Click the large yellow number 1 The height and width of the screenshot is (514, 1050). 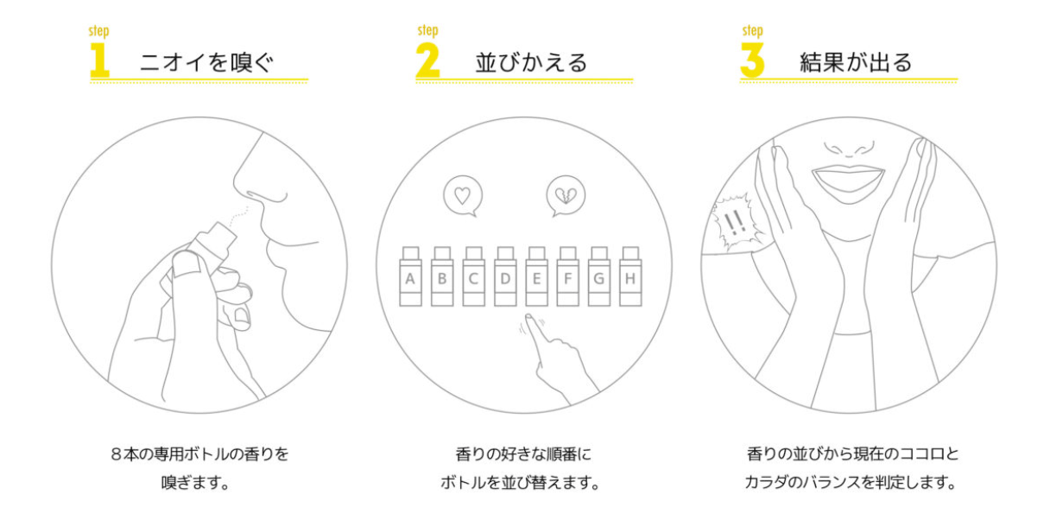99,60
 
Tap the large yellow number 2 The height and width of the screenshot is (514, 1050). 427,60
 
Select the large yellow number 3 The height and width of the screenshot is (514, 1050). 752,60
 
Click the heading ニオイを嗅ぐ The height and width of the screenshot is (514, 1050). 206,62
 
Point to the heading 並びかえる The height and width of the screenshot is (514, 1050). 532,62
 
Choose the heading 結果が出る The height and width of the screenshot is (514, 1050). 856,62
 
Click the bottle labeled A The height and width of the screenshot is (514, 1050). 411,276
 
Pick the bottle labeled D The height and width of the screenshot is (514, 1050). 505,276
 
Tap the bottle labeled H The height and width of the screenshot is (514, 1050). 630,276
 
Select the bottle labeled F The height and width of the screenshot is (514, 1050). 568,276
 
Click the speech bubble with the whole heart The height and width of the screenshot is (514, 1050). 463,195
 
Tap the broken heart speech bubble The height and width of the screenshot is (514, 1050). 566,195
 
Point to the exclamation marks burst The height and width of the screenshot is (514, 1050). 735,222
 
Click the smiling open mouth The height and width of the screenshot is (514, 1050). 849,181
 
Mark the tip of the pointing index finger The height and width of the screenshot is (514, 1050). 528,316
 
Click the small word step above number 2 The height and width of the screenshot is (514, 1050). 427,30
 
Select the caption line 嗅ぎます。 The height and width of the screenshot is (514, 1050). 195,482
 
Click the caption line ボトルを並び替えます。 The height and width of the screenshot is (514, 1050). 521,482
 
